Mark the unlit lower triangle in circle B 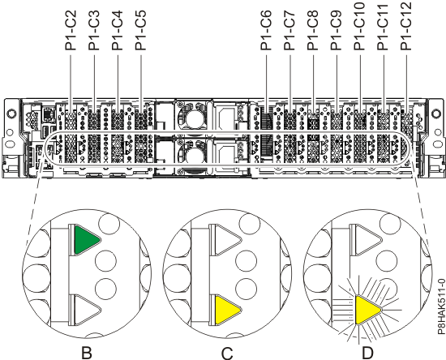[84, 309]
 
